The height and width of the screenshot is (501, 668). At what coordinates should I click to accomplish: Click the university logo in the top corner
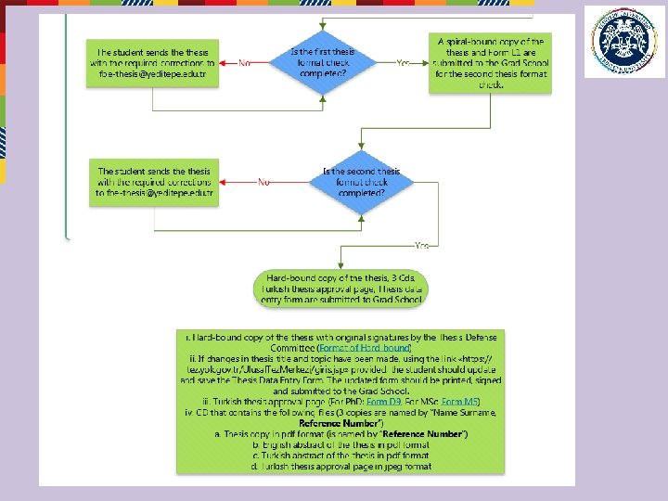click(x=624, y=42)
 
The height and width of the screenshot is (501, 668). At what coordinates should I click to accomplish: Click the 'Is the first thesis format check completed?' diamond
click(x=322, y=63)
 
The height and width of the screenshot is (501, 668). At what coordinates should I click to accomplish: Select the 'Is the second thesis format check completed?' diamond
click(x=361, y=183)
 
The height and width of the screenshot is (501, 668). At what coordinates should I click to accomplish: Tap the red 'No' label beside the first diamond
click(x=245, y=63)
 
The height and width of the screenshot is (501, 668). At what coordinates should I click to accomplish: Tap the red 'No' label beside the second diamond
click(x=264, y=183)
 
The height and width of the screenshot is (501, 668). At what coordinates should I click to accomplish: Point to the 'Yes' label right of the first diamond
click(x=403, y=63)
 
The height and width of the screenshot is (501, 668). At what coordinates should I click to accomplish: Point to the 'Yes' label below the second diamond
click(x=421, y=245)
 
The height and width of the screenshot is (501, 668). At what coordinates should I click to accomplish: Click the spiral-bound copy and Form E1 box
click(x=490, y=63)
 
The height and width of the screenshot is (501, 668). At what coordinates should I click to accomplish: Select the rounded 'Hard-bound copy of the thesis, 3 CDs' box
click(x=340, y=288)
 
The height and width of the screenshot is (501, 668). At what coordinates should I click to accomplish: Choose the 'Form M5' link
click(x=460, y=402)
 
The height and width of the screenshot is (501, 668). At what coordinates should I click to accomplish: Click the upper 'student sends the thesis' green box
click(x=152, y=63)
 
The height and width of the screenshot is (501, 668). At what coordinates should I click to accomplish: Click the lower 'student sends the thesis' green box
click(x=155, y=182)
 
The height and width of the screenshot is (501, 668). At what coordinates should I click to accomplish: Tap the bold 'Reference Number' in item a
click(x=426, y=434)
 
